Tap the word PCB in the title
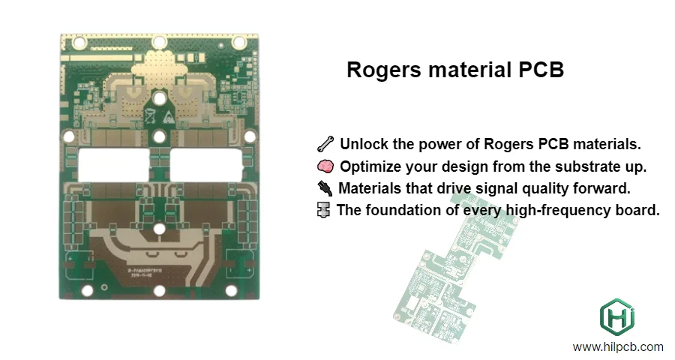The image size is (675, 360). pos(538,70)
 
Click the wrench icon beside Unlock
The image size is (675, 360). pos(325,143)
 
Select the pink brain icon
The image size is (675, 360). pos(325,166)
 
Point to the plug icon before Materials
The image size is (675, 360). pos(325,187)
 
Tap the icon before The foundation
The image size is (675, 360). pos(324,210)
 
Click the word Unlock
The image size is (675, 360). pos(363,143)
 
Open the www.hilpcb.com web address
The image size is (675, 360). pos(618,347)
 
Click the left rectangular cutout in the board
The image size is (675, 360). pos(109,165)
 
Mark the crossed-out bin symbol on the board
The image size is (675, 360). pos(150,115)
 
